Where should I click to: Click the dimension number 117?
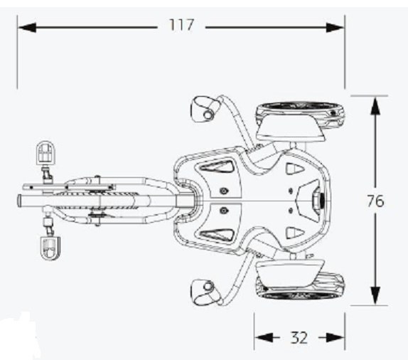pyautogui.click(x=181, y=25)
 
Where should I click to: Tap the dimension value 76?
pyautogui.click(x=375, y=201)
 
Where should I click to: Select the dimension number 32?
pyautogui.click(x=299, y=338)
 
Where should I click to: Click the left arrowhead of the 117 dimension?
pyautogui.click(x=27, y=27)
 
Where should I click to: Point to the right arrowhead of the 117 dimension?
pyautogui.click(x=335, y=27)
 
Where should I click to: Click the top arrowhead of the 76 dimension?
pyautogui.click(x=375, y=106)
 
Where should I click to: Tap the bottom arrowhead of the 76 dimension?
pyautogui.click(x=375, y=295)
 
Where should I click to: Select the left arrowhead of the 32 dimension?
pyautogui.click(x=264, y=338)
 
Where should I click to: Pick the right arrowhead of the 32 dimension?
pyautogui.click(x=335, y=338)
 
